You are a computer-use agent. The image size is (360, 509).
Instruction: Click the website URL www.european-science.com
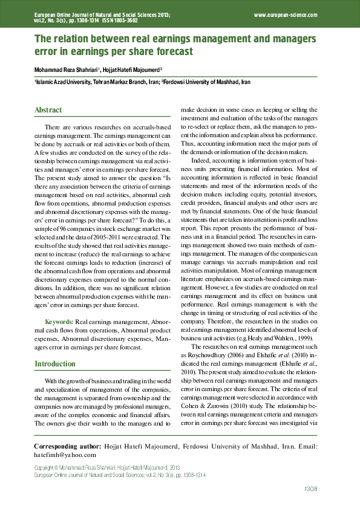pyautogui.click(x=286, y=13)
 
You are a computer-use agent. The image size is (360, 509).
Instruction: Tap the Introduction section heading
pyautogui.click(x=55, y=364)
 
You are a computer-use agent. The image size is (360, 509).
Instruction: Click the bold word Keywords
pyautogui.click(x=59, y=323)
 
